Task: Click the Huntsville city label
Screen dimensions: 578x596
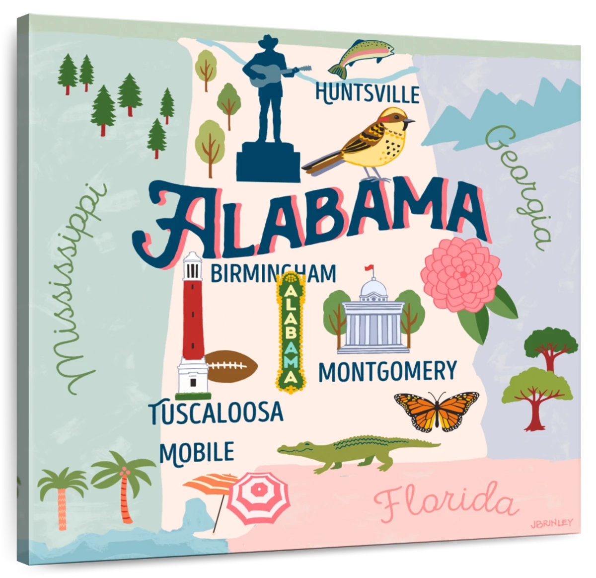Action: click(x=368, y=94)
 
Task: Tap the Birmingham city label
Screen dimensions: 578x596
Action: click(x=273, y=273)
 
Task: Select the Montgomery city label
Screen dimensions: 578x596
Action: click(x=387, y=371)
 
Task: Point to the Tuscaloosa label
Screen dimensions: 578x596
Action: click(x=217, y=412)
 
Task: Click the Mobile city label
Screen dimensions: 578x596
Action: click(x=197, y=452)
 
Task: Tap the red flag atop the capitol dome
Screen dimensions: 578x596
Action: click(x=368, y=268)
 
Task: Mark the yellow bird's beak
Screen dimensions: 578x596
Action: click(x=409, y=120)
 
